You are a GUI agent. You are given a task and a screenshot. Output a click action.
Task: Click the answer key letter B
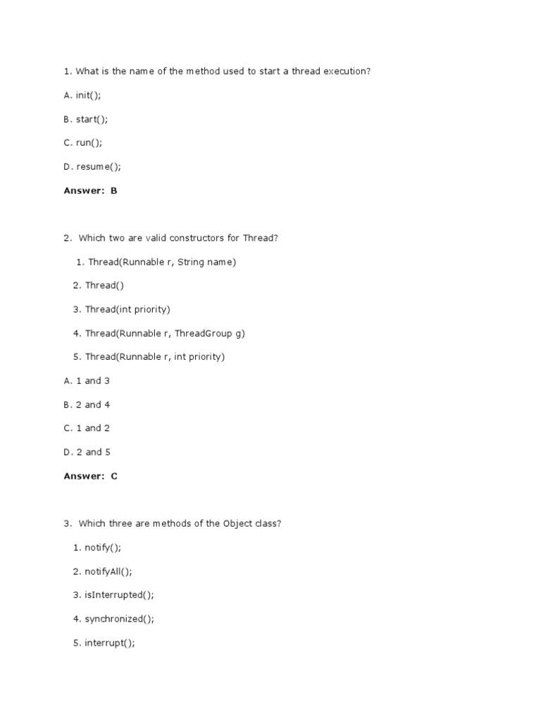tap(113, 191)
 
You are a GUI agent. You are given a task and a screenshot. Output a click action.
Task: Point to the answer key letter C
tap(113, 476)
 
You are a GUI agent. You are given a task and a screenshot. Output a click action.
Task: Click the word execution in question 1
tap(346, 71)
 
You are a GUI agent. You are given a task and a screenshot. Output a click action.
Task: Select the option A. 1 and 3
tap(87, 381)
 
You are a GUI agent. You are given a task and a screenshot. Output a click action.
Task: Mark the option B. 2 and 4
tap(87, 405)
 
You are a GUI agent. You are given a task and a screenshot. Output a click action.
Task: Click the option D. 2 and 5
tap(87, 452)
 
